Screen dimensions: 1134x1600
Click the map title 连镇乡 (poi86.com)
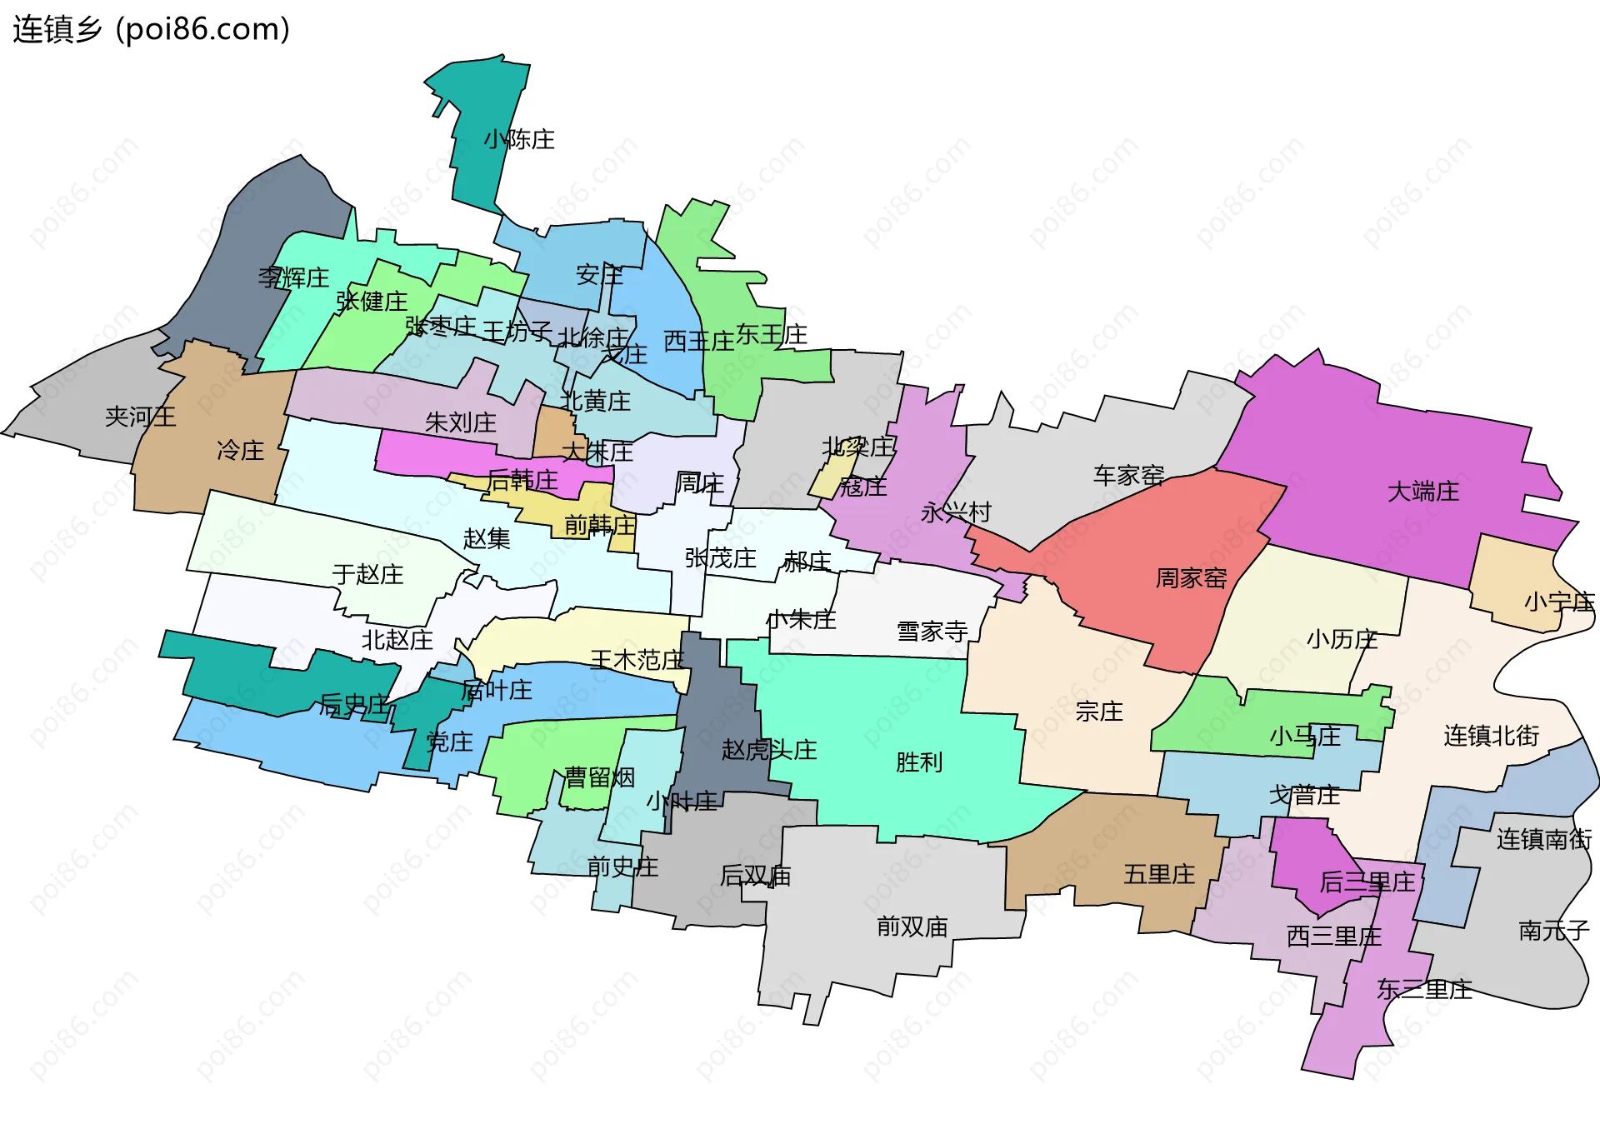tap(151, 29)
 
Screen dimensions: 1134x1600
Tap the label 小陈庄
tap(519, 139)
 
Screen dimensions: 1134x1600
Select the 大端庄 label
tap(1422, 492)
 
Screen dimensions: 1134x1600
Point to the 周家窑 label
tap(1191, 578)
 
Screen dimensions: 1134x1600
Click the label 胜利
tap(918, 762)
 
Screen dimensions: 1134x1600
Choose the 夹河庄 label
tap(140, 417)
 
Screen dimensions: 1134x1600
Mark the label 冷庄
tap(240, 451)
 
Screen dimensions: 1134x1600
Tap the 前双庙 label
tap(912, 927)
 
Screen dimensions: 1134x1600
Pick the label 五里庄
tap(1158, 875)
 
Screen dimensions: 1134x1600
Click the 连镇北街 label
tap(1491, 736)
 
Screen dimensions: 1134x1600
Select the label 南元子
tap(1553, 931)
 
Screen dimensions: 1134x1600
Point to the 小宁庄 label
tap(1558, 602)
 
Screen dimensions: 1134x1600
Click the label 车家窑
tap(1128, 476)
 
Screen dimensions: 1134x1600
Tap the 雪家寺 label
tap(932, 632)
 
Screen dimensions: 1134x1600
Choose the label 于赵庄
tap(367, 574)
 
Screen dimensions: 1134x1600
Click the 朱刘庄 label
tap(460, 422)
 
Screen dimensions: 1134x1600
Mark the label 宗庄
tap(1098, 712)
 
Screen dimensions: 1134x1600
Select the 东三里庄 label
tap(1424, 990)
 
